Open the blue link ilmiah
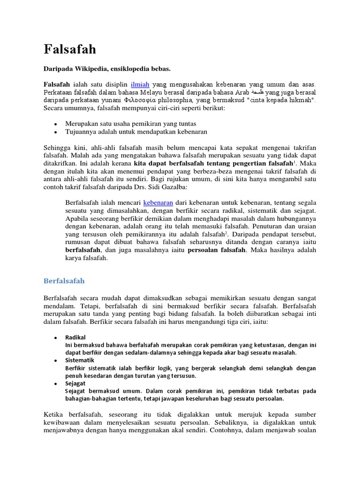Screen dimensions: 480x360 pyautogui.click(x=140, y=84)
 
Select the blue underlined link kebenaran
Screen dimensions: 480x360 pyautogui.click(x=158, y=202)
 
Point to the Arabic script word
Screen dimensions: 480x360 pyautogui.click(x=257, y=92)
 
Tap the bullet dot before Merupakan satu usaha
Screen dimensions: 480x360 pyautogui.click(x=55, y=124)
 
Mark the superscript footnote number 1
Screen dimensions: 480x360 pyautogui.click(x=294, y=162)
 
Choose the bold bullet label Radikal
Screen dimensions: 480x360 pyautogui.click(x=75, y=337)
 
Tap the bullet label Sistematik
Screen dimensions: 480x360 pyautogui.click(x=80, y=360)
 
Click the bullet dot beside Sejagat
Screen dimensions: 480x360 pyautogui.click(x=55, y=383)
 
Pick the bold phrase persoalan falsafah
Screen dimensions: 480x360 pyautogui.click(x=217, y=250)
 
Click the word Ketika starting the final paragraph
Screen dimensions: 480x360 pyautogui.click(x=53, y=415)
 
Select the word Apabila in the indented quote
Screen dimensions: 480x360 pyautogui.click(x=77, y=218)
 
